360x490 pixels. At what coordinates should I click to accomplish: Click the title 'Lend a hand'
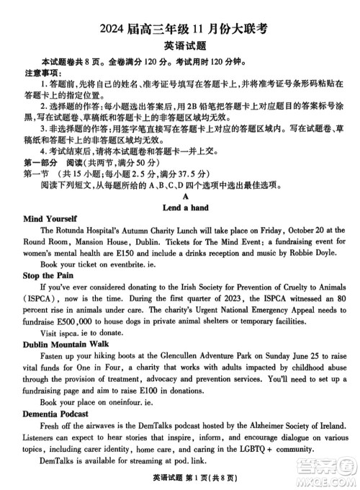point(185,207)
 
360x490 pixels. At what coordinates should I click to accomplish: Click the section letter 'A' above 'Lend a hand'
point(185,195)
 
